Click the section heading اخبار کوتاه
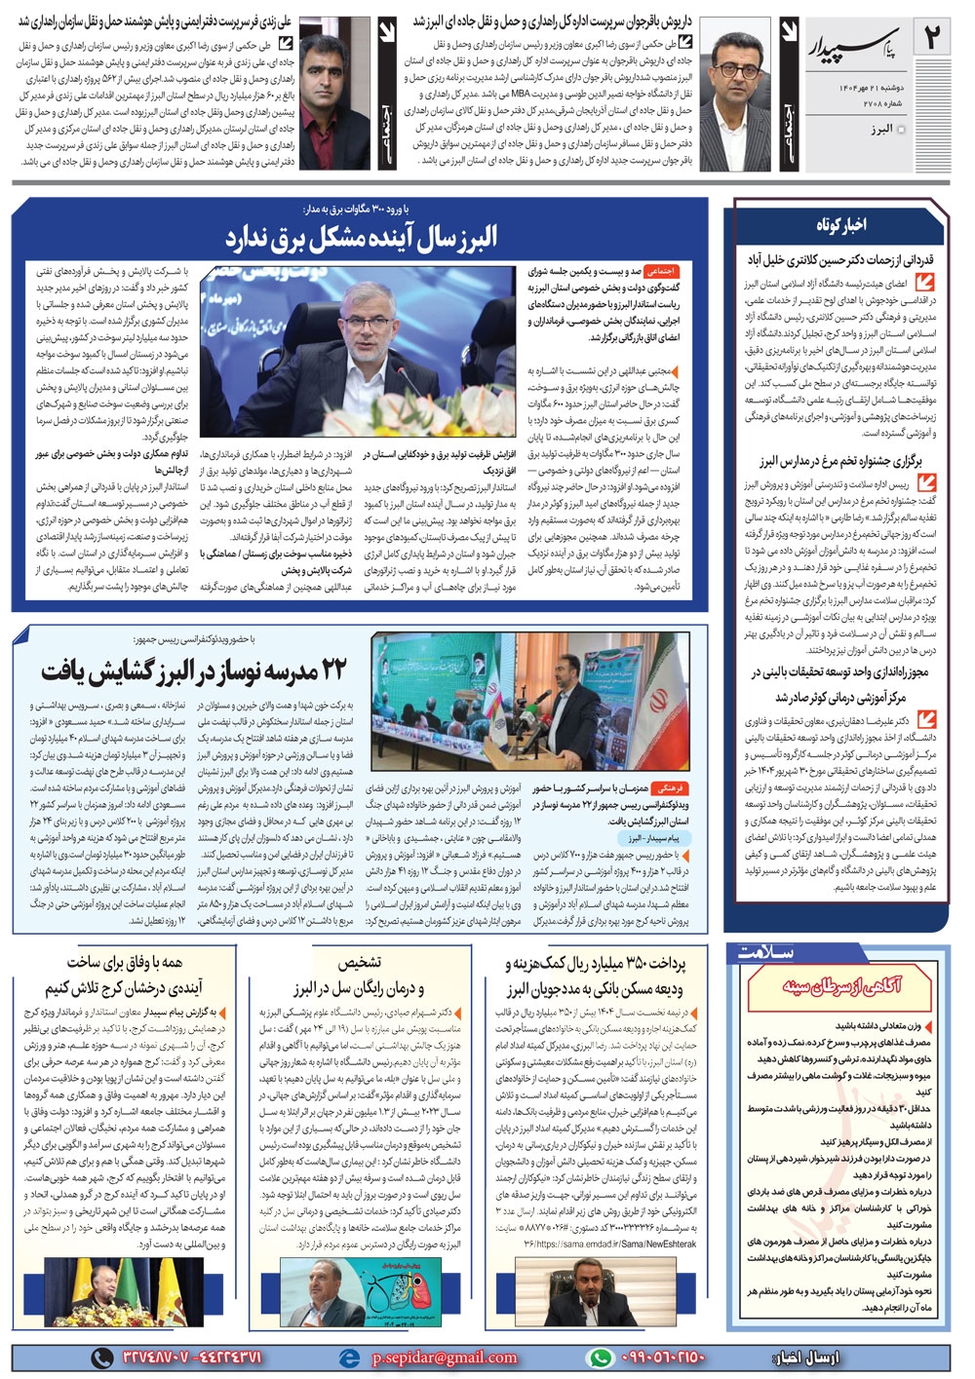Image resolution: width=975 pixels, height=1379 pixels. pyautogui.click(x=840, y=225)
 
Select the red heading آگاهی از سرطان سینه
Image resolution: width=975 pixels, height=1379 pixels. pyautogui.click(x=841, y=985)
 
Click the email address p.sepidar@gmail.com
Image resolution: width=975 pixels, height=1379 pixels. pyautogui.click(x=444, y=1357)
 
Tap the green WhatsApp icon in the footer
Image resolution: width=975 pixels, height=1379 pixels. pyautogui.click(x=602, y=1357)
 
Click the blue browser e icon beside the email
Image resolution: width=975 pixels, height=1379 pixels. pyautogui.click(x=348, y=1357)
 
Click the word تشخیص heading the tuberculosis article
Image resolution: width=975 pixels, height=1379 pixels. pyautogui.click(x=360, y=963)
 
